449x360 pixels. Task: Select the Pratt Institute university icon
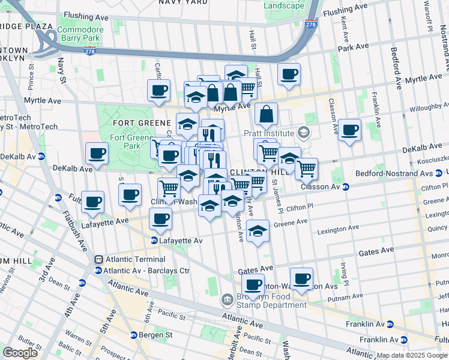point(304,133)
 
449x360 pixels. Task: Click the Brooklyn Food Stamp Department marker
point(227,299)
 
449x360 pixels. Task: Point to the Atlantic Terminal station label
point(134,259)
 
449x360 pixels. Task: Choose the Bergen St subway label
point(155,335)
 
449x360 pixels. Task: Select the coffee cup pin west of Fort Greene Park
point(97,154)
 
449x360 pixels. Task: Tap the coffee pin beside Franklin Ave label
point(349,129)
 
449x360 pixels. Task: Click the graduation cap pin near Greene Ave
point(258,230)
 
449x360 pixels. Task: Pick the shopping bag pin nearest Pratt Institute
point(266,113)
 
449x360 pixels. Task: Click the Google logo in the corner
point(20,353)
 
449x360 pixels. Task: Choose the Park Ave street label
point(353,47)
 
